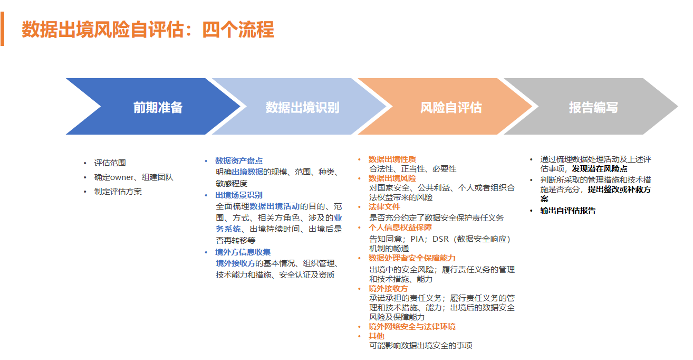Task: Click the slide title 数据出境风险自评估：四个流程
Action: coord(148,30)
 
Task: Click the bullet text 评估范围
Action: coord(110,163)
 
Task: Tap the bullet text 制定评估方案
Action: coord(118,192)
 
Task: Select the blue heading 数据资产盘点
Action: coord(239,161)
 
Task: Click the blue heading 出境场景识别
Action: coord(239,195)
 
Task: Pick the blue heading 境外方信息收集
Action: coord(243,252)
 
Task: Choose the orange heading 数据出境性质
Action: coord(392,159)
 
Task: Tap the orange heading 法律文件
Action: coord(384,207)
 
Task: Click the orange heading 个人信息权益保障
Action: coord(400,228)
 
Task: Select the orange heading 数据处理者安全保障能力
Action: coord(412,258)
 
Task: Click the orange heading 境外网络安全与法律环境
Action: coord(412,327)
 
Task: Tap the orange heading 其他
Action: coord(376,336)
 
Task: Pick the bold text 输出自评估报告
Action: coord(568,211)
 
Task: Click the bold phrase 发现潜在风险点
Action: coord(600,169)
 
